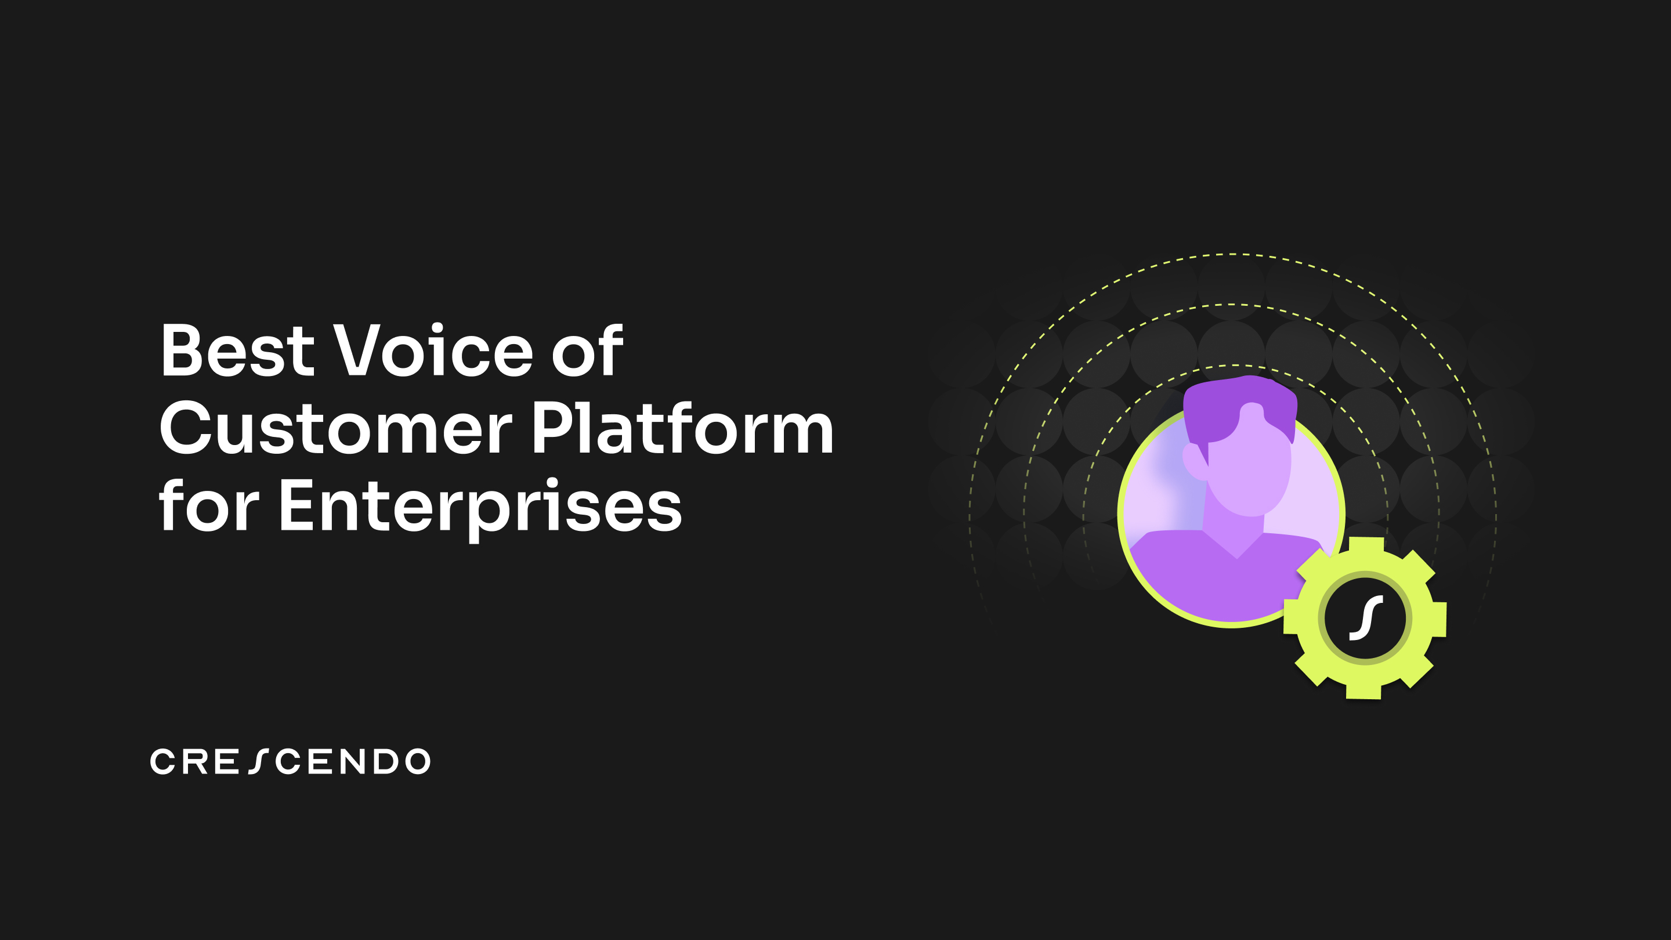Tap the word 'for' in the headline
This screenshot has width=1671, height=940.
click(x=209, y=506)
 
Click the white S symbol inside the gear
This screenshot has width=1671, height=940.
click(x=1365, y=618)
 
